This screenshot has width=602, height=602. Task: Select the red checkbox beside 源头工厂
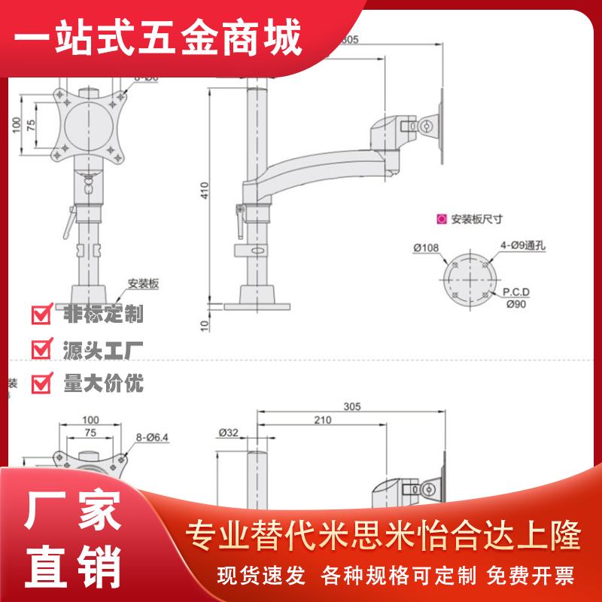pyautogui.click(x=41, y=349)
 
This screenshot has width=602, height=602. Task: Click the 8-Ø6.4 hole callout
pyautogui.click(x=154, y=435)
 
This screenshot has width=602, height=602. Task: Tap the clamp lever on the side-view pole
pyautogui.click(x=241, y=217)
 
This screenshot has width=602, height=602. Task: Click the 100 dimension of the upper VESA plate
pyautogui.click(x=15, y=125)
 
